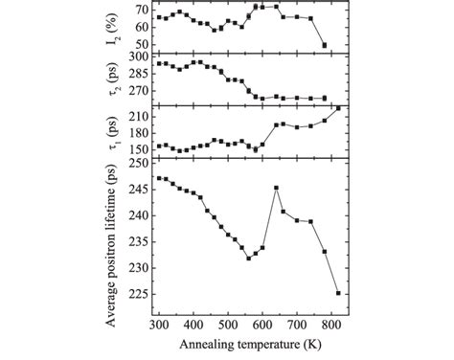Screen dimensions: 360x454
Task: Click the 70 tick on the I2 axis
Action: (142, 10)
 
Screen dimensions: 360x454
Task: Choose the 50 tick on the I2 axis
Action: (142, 44)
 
